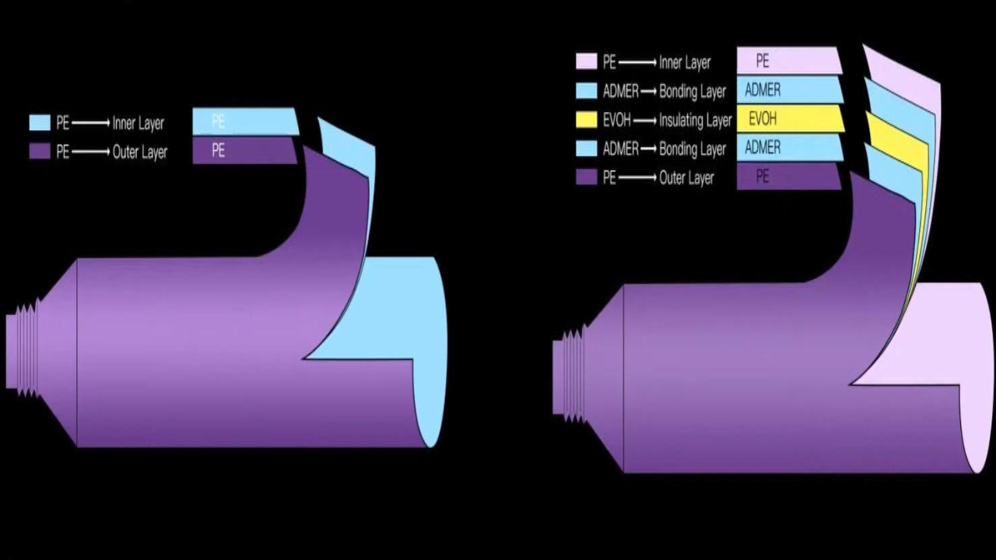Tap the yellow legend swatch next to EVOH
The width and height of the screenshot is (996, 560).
(586, 120)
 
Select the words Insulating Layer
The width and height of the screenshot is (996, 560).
(695, 120)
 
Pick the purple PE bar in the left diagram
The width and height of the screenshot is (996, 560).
(243, 150)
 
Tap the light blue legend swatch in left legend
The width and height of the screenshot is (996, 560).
(40, 123)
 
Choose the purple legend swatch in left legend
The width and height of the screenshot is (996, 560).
(40, 152)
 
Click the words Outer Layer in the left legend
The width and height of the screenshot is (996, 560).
(140, 152)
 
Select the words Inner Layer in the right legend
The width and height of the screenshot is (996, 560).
(685, 62)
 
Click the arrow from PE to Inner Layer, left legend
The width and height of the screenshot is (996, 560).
(90, 123)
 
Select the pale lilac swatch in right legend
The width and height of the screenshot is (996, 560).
(586, 61)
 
